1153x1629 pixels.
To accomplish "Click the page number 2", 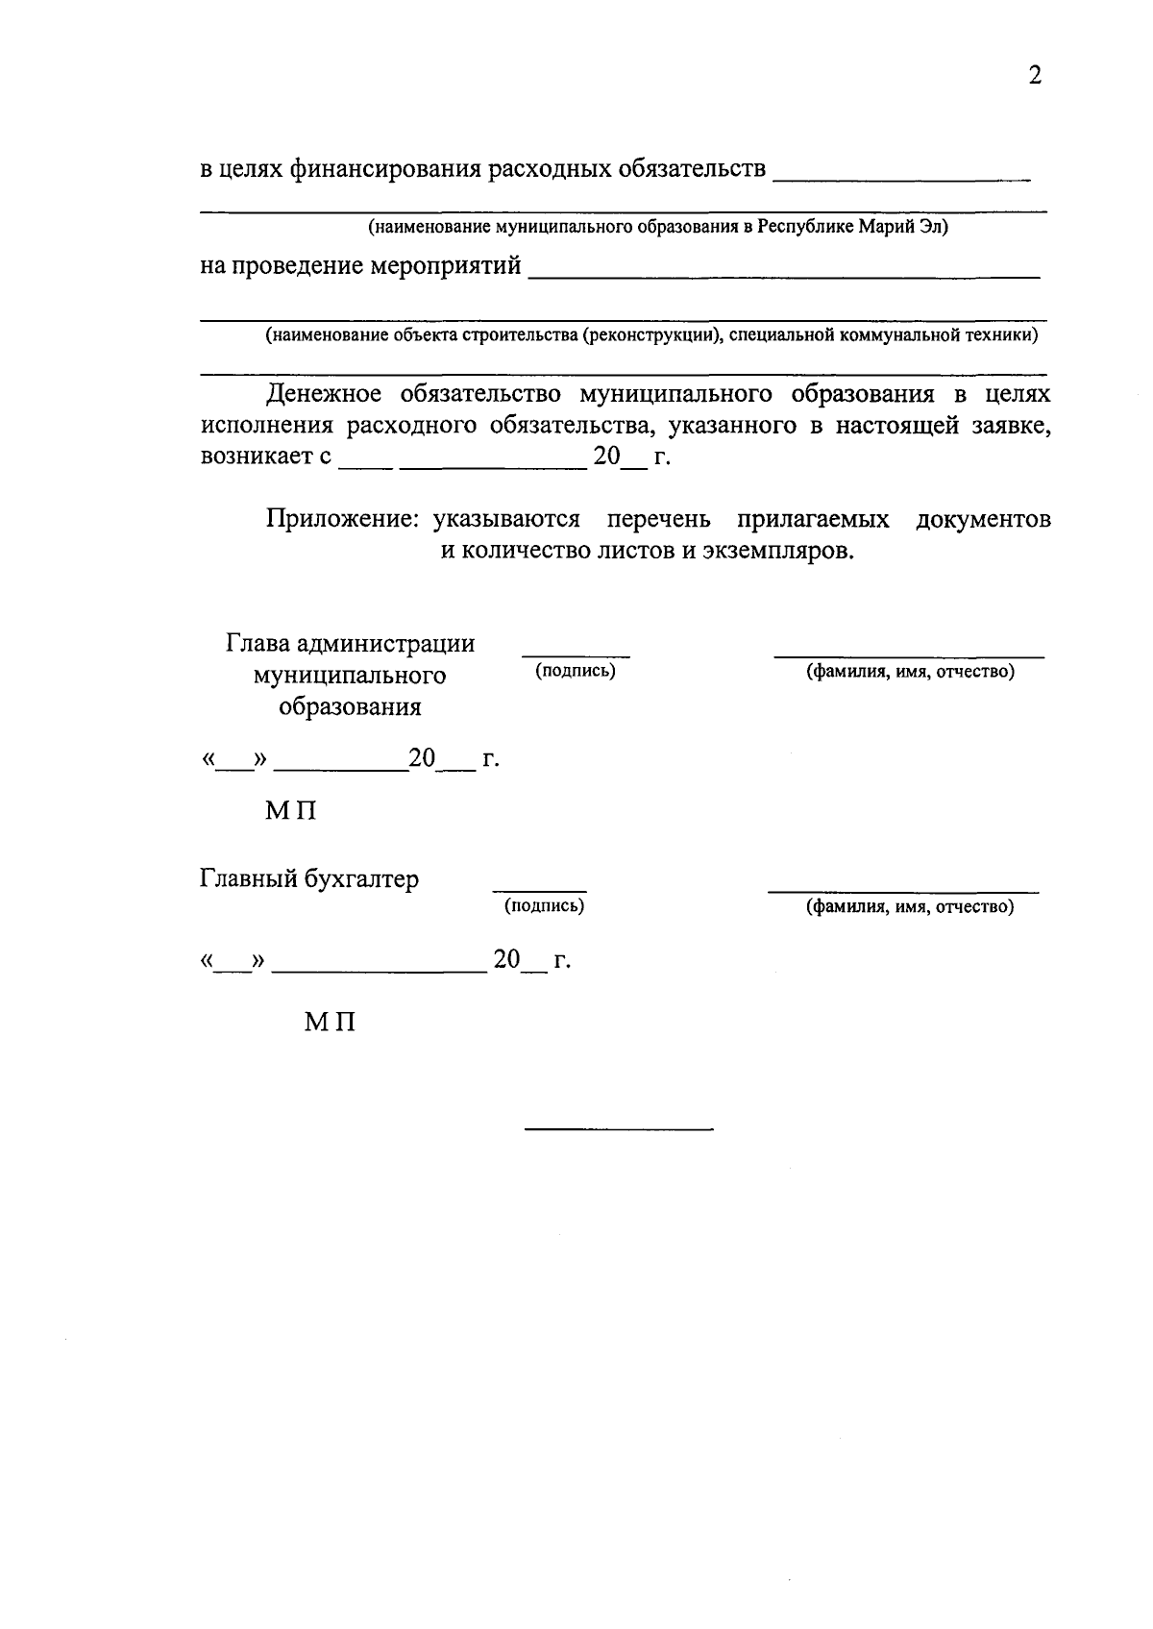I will coord(1034,76).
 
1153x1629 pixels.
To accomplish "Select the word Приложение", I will coord(343,519).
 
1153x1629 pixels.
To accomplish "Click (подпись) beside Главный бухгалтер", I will coord(544,905).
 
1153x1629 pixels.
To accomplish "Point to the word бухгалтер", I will coord(361,878).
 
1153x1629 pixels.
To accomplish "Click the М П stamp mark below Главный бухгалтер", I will coord(330,1023).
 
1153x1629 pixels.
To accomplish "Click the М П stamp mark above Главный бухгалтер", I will coord(290,811).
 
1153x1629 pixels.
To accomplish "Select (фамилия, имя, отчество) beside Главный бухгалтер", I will coord(909,906).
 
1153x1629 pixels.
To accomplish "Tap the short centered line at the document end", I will coord(620,1127).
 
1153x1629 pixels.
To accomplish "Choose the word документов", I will coord(983,519).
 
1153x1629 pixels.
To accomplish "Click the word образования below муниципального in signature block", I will coord(350,706).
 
